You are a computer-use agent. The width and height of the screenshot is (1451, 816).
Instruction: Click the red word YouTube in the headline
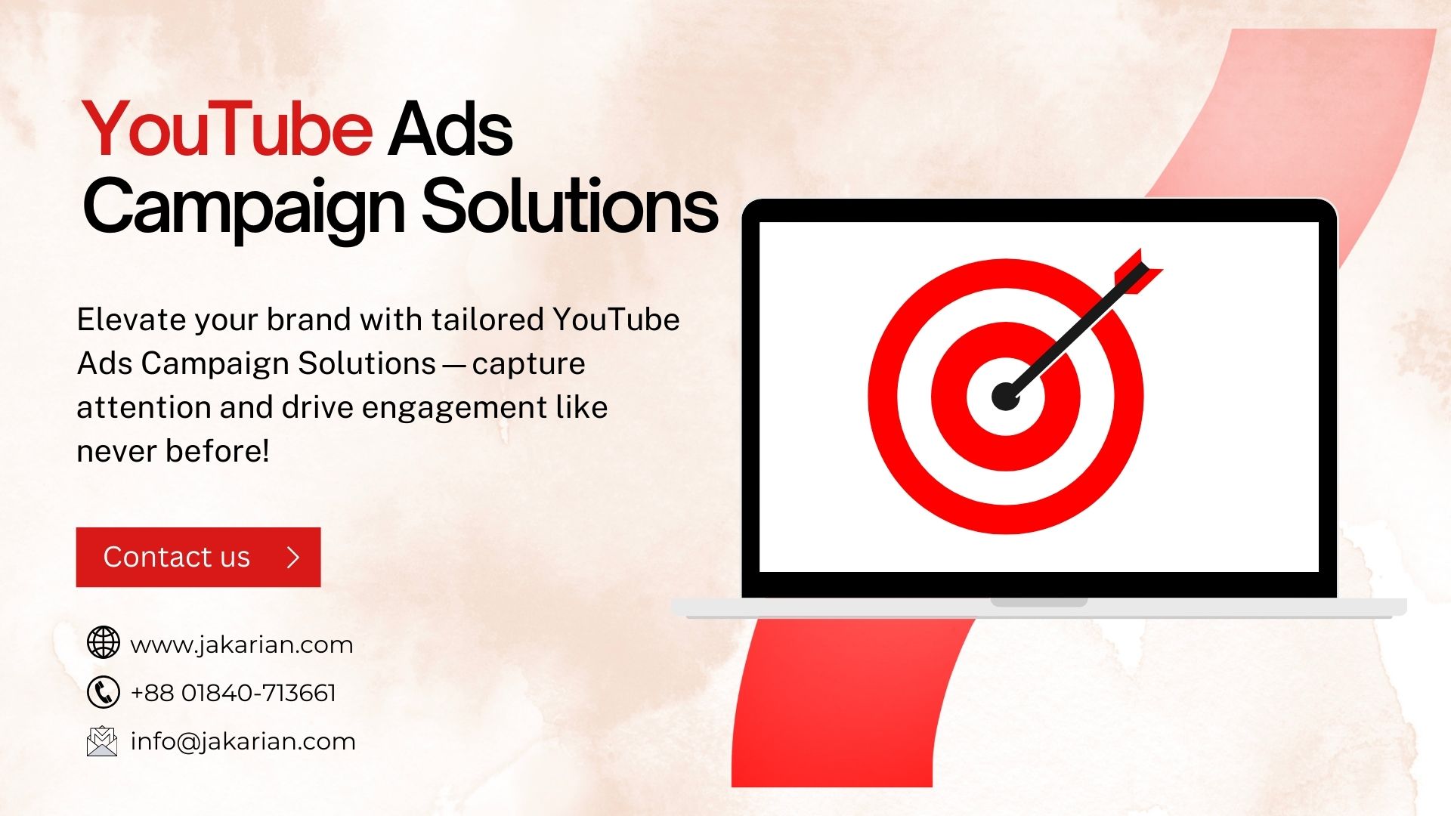[x=227, y=130]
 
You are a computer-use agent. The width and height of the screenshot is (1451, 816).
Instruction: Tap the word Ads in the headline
[x=450, y=130]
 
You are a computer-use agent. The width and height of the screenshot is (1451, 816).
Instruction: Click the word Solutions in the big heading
[x=568, y=206]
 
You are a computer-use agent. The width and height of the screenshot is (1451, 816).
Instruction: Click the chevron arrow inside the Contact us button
[x=294, y=558]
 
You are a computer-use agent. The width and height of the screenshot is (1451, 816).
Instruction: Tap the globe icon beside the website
[x=103, y=643]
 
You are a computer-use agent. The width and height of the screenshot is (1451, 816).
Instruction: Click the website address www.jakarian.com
[x=241, y=644]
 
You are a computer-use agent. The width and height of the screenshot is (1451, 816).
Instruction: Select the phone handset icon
[x=103, y=692]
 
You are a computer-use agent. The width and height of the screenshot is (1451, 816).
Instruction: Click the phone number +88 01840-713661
[x=233, y=693]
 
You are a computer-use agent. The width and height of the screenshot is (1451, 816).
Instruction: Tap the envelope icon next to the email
[x=102, y=741]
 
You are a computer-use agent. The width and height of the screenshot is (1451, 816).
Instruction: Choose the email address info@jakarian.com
[x=243, y=741]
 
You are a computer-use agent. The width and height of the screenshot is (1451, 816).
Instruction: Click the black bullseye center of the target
[x=1005, y=396]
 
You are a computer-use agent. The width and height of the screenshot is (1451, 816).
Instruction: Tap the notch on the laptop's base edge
[x=1038, y=603]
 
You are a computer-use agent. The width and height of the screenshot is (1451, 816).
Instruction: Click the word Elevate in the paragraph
[x=131, y=320]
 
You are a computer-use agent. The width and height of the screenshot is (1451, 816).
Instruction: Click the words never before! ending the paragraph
[x=173, y=451]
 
